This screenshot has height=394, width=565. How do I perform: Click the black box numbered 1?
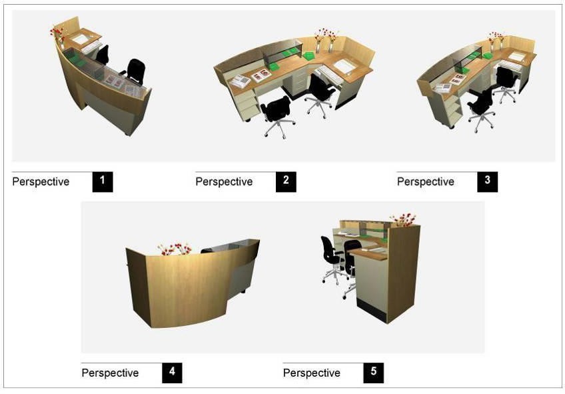(x=103, y=181)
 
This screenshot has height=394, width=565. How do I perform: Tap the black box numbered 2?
(x=286, y=181)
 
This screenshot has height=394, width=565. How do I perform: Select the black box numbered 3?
(x=488, y=181)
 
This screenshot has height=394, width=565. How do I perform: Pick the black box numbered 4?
(x=172, y=373)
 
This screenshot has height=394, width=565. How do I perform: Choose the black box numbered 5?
(x=373, y=373)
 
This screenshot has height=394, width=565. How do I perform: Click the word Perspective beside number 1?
(x=41, y=181)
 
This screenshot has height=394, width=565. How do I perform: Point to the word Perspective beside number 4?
(x=110, y=373)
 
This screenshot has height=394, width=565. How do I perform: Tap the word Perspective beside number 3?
(x=426, y=181)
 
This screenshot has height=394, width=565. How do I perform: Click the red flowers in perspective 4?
(x=175, y=249)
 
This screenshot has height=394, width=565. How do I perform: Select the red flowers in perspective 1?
(x=57, y=33)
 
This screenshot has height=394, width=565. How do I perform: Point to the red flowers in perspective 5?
(x=403, y=219)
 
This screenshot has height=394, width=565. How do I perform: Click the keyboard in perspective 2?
(x=329, y=74)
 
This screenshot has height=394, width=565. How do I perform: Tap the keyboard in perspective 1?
(x=91, y=47)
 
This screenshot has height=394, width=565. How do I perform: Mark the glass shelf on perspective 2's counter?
(x=282, y=49)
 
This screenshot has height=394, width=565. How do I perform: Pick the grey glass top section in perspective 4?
(x=235, y=246)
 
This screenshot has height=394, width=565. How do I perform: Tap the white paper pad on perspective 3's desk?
(x=518, y=56)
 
